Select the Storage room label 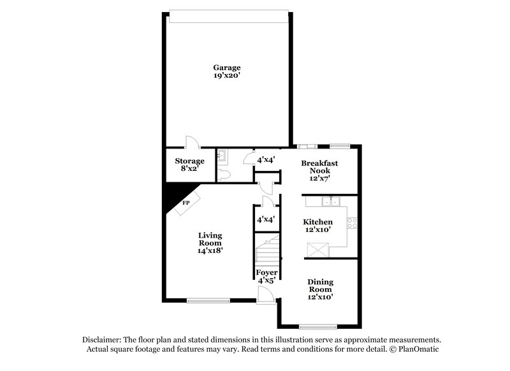coord(189,161)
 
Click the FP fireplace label coord(187,203)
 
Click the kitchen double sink coord(329,202)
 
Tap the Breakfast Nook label coord(319,168)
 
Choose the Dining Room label coord(321,286)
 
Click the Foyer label coord(266,273)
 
